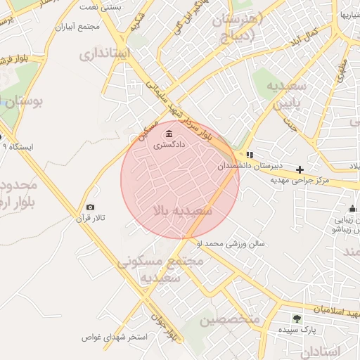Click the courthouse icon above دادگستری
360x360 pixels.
(168, 134)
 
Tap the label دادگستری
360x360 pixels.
(169, 145)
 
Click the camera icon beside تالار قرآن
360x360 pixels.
(90, 207)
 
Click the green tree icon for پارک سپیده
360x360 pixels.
(296, 319)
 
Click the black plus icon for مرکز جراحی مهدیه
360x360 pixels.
(300, 169)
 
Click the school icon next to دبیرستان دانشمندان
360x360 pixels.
(250, 155)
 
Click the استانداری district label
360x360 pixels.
(105, 53)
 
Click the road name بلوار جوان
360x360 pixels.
(172, 330)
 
